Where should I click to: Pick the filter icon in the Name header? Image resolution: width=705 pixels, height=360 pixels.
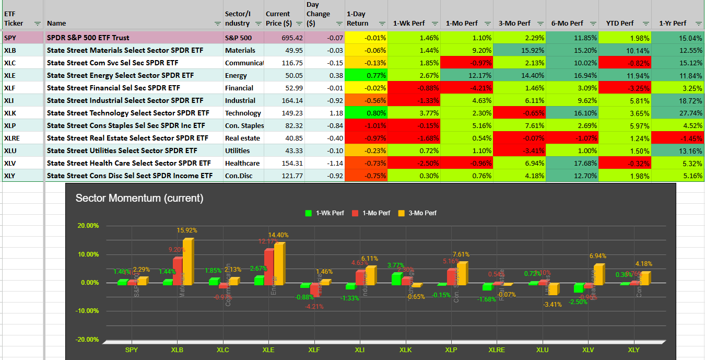click(x=218, y=24)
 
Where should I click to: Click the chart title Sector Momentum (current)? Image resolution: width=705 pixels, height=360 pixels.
click(x=139, y=198)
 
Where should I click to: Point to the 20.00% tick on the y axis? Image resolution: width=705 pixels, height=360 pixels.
click(x=88, y=226)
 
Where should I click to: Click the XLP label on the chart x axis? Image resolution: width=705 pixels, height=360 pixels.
click(x=451, y=350)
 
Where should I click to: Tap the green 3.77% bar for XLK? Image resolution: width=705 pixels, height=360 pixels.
click(x=396, y=278)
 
